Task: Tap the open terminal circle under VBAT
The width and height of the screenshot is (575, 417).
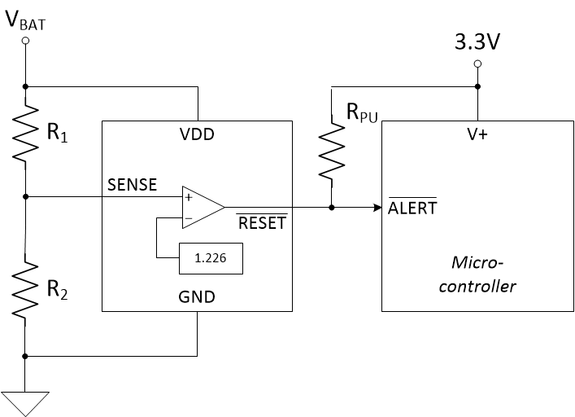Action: pyautogui.click(x=26, y=40)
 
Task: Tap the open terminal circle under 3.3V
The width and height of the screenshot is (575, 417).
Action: pyautogui.click(x=477, y=64)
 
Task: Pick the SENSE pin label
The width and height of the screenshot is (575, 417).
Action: pyautogui.click(x=132, y=185)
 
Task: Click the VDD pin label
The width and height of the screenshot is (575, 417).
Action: pyautogui.click(x=197, y=135)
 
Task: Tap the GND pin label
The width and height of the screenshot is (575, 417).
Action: pyautogui.click(x=198, y=297)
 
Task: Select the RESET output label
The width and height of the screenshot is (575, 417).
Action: pyautogui.click(x=261, y=222)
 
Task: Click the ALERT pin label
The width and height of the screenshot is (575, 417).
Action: pyautogui.click(x=413, y=208)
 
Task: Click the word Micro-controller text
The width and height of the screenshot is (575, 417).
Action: pyautogui.click(x=477, y=274)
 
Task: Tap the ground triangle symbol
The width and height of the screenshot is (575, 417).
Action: pyautogui.click(x=26, y=402)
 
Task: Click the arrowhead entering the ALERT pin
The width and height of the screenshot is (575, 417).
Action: pyautogui.click(x=377, y=208)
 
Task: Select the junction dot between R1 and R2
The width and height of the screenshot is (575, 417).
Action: pyautogui.click(x=26, y=196)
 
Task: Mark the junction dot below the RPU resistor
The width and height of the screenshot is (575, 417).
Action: pyautogui.click(x=332, y=208)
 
